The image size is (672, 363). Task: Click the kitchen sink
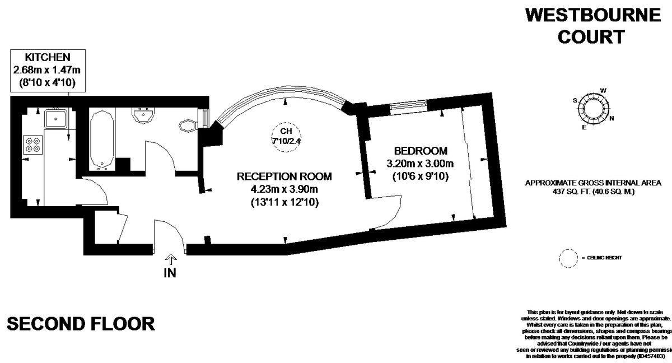(x=57, y=118)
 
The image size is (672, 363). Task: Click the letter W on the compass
(x=603, y=90)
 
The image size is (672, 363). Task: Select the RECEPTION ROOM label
(x=284, y=176)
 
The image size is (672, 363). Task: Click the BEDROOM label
(x=421, y=151)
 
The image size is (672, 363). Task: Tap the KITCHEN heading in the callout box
(x=48, y=57)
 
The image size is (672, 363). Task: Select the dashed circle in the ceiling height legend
(x=568, y=258)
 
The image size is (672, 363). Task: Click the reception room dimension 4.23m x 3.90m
(x=284, y=189)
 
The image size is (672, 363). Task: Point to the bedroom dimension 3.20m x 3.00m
(x=420, y=164)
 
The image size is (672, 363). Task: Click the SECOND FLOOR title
(x=81, y=323)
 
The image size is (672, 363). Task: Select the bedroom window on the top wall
(x=408, y=105)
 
